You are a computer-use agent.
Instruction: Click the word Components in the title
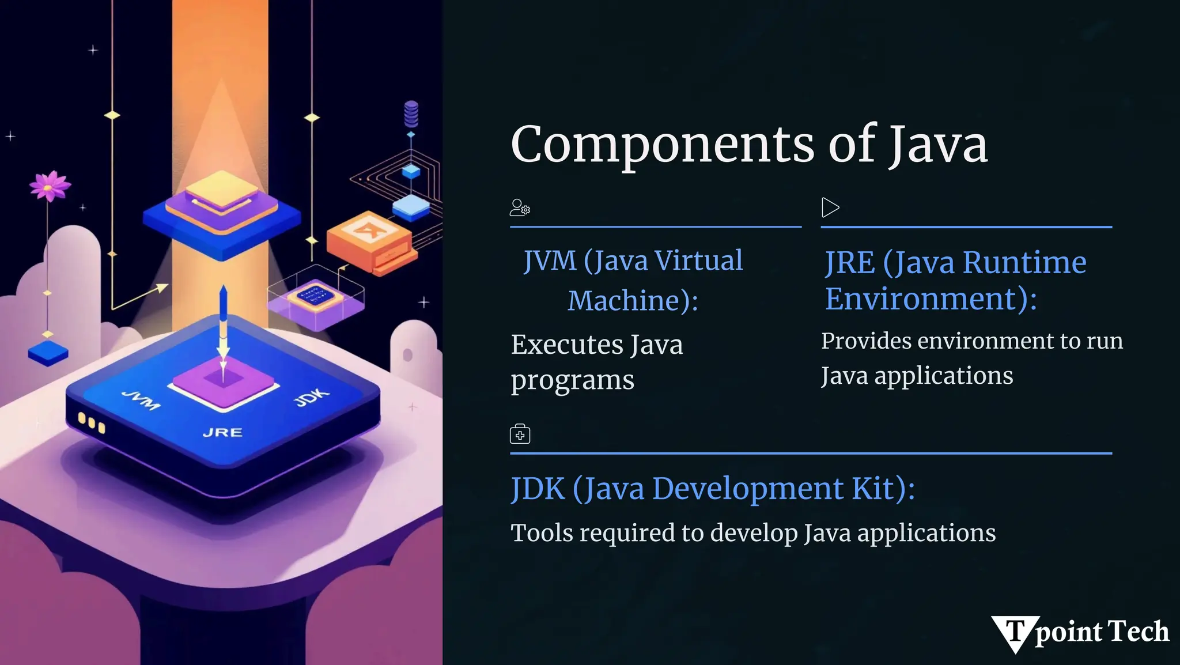click(x=662, y=145)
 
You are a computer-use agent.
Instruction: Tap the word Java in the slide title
click(x=937, y=145)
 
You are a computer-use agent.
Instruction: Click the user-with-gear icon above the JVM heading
click(x=520, y=207)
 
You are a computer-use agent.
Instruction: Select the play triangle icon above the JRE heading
click(x=830, y=207)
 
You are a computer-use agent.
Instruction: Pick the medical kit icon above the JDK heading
click(x=520, y=434)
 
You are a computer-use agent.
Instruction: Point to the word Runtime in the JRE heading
click(x=1024, y=263)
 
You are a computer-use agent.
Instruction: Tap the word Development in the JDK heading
click(x=748, y=489)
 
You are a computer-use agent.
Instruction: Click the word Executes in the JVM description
click(x=566, y=345)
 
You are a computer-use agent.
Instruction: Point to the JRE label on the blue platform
click(x=222, y=432)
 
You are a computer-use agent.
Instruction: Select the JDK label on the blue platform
click(x=312, y=397)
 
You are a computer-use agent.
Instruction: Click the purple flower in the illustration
click(x=50, y=186)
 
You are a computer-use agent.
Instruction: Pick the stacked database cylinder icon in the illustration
click(x=411, y=114)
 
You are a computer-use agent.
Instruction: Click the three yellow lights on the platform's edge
click(x=92, y=422)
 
